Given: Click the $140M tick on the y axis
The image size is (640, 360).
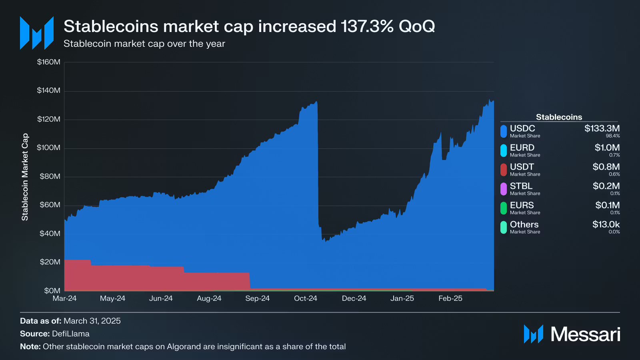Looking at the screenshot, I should [x=48, y=90].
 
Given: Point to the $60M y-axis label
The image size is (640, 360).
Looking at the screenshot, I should [x=50, y=205].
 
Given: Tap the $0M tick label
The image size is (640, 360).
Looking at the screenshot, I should [x=52, y=290].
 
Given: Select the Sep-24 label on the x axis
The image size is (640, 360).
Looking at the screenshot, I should [x=257, y=298].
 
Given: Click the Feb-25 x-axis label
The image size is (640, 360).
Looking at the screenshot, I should [x=450, y=298].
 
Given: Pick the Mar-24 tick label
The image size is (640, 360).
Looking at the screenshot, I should [x=64, y=298].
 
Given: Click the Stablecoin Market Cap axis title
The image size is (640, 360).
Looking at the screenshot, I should [x=25, y=177].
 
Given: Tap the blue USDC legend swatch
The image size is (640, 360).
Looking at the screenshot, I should [x=504, y=131].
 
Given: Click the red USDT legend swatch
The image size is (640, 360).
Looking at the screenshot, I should [x=504, y=170].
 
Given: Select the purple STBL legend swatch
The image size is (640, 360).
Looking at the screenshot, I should [x=504, y=189].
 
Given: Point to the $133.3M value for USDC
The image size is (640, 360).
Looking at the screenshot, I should [x=602, y=128].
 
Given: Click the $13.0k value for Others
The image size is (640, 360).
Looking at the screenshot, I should [x=606, y=224].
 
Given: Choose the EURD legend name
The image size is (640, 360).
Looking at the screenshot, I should [x=522, y=148].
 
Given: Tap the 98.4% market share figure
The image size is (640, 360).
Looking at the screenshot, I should [x=612, y=136].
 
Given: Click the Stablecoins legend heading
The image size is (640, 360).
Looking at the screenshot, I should [x=559, y=117].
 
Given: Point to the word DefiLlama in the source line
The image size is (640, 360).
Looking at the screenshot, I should [x=71, y=334].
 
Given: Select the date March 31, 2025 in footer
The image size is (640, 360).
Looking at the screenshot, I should [x=92, y=321].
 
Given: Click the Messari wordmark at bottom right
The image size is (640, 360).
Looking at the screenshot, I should [x=585, y=334].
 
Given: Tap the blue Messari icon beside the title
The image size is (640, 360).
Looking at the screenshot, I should [x=37, y=33].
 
